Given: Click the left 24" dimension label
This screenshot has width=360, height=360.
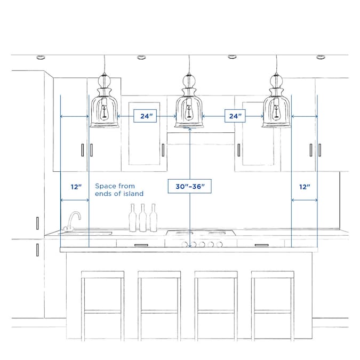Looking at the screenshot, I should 145,116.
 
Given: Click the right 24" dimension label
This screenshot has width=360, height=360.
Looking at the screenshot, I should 234,116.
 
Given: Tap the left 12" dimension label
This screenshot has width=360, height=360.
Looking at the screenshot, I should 76,187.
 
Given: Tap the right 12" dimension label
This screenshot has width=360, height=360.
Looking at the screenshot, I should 305,187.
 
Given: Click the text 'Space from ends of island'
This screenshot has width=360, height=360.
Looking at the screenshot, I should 119,190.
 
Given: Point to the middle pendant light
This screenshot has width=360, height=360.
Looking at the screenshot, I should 189,104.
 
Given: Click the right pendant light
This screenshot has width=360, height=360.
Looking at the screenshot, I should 276,104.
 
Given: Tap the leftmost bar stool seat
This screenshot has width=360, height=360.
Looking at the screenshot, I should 102,275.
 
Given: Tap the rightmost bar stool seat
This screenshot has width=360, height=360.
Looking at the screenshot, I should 272,275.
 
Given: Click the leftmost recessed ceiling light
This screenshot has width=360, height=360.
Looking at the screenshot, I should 41,57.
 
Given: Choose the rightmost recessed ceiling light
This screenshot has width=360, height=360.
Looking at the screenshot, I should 320,57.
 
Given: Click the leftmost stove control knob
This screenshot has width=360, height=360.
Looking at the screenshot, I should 195,245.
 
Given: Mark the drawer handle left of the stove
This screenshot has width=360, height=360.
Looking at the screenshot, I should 141,245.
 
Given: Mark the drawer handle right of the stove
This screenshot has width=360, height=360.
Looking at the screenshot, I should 261,245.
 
